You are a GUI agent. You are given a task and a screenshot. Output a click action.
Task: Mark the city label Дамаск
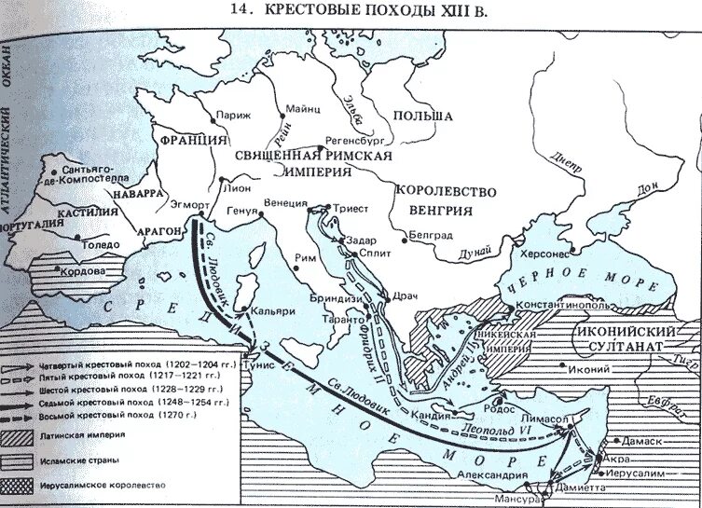(666, 440)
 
